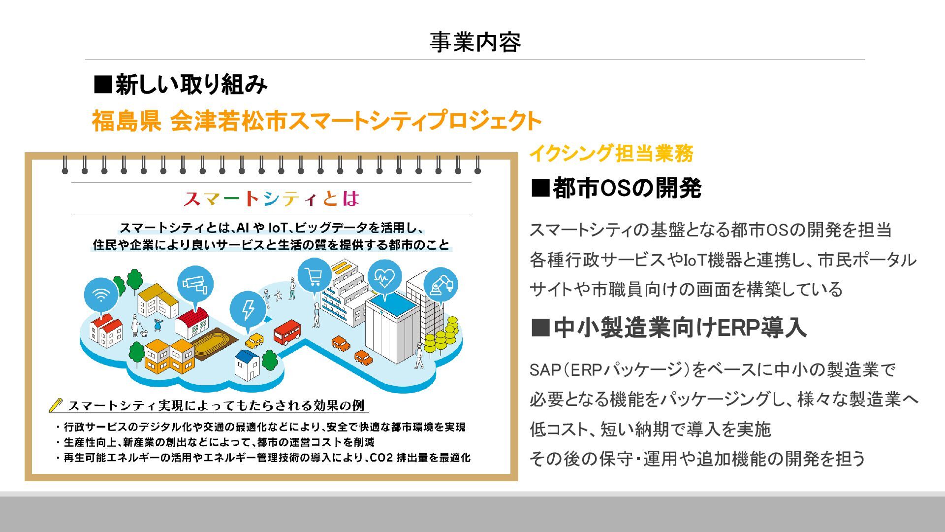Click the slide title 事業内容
[x=474, y=42]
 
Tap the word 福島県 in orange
[x=126, y=121]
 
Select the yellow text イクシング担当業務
[x=611, y=154]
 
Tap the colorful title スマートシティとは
[x=271, y=199]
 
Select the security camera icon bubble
[x=195, y=284]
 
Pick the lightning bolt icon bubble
[x=248, y=309]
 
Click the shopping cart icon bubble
[x=314, y=276]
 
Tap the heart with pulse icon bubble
[x=384, y=278]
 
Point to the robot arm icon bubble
[x=441, y=285]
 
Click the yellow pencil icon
[x=56, y=405]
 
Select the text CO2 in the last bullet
[x=381, y=458]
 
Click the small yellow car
[x=254, y=340]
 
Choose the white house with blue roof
[x=247, y=365]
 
